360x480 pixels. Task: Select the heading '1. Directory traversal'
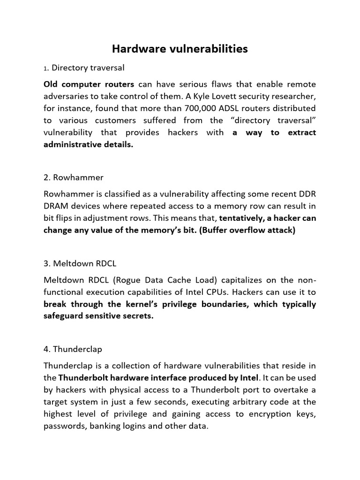[x=84, y=68]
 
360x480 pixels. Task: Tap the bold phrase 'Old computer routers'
[x=89, y=84]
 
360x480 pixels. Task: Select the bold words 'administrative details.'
[x=89, y=145]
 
